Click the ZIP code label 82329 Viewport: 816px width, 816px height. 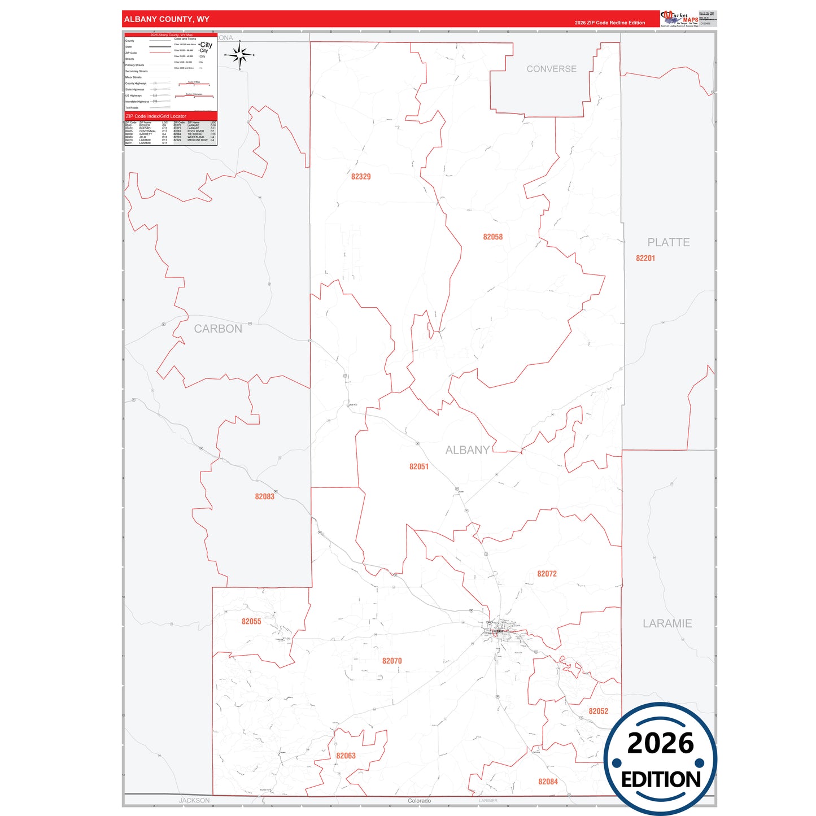[x=361, y=177]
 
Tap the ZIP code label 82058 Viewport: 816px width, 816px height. [x=492, y=237]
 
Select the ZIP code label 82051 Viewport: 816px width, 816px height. [x=419, y=466]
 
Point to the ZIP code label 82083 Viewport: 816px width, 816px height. [x=264, y=496]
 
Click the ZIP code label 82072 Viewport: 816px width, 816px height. [x=547, y=574]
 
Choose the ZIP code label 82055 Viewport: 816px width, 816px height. [x=251, y=622]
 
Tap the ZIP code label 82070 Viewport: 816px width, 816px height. [x=392, y=661]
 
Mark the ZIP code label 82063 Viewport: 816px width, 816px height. [x=346, y=756]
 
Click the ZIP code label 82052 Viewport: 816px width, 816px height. [x=598, y=712]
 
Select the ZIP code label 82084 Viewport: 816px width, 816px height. [x=548, y=782]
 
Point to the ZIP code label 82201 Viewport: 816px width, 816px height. [x=645, y=258]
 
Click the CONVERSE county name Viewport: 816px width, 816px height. [x=551, y=69]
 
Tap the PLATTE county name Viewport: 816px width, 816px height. [x=668, y=242]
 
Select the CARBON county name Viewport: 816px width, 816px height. [x=218, y=329]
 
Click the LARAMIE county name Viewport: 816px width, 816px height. [x=667, y=623]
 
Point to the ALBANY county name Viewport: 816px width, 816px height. [x=467, y=450]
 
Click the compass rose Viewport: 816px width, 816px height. [x=240, y=55]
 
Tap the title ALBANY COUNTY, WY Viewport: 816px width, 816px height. [x=167, y=19]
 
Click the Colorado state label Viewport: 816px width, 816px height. [x=419, y=801]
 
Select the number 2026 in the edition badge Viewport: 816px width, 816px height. [x=660, y=743]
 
